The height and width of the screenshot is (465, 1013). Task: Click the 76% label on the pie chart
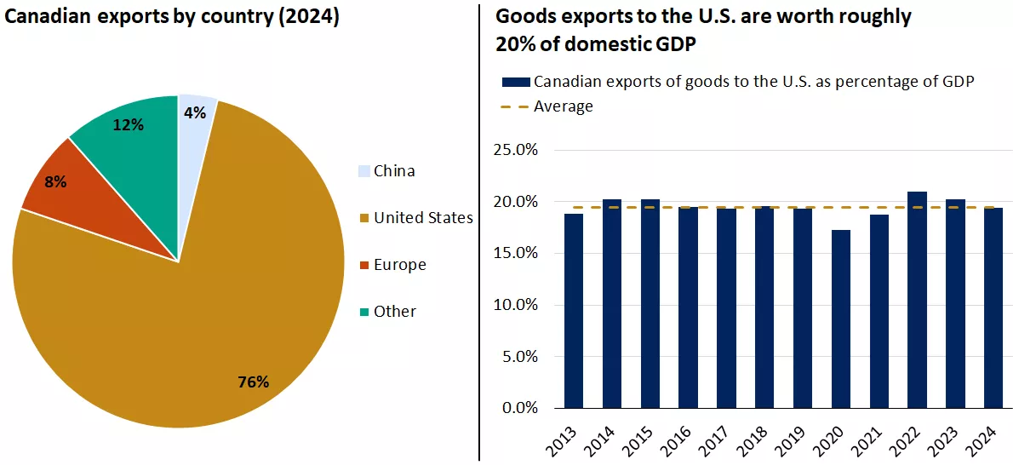tap(254, 382)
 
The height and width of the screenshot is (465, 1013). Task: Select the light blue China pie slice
tap(194, 128)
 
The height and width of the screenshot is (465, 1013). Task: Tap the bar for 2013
tap(574, 311)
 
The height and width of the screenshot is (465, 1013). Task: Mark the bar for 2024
tap(993, 307)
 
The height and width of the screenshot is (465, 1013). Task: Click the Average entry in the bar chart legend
tap(563, 106)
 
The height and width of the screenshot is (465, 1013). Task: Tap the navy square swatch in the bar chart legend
tap(516, 82)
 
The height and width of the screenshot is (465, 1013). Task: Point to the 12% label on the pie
tap(129, 125)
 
